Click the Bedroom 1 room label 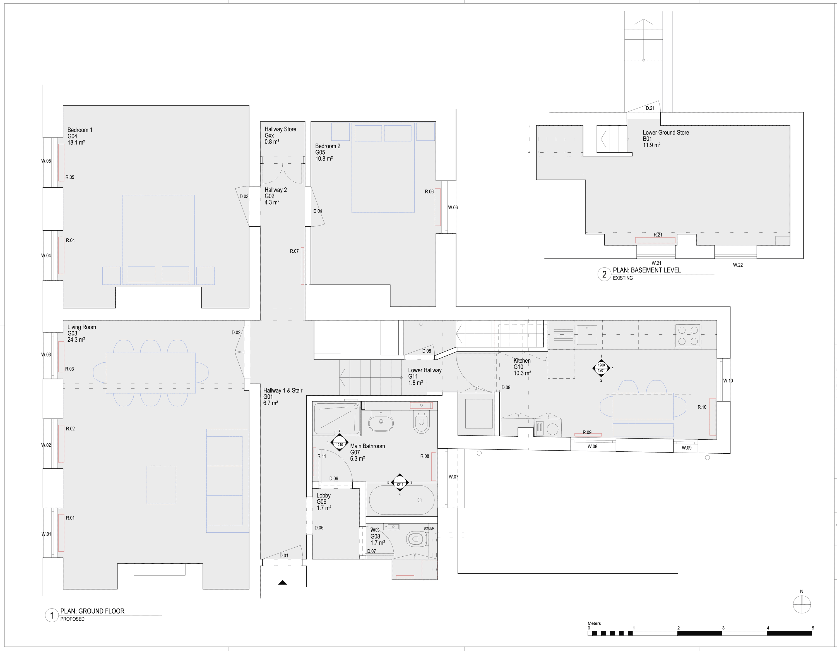point(80,130)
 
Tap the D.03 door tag point(244,197)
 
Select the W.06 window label point(453,207)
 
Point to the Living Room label point(82,327)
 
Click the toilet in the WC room point(415,539)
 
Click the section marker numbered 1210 point(339,445)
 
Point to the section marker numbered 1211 point(400,484)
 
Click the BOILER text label point(429,528)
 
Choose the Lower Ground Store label point(666,133)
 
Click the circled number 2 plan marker point(604,274)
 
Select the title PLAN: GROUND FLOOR point(92,611)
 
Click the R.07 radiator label point(294,252)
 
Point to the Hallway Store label point(280,129)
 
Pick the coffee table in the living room point(161,485)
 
